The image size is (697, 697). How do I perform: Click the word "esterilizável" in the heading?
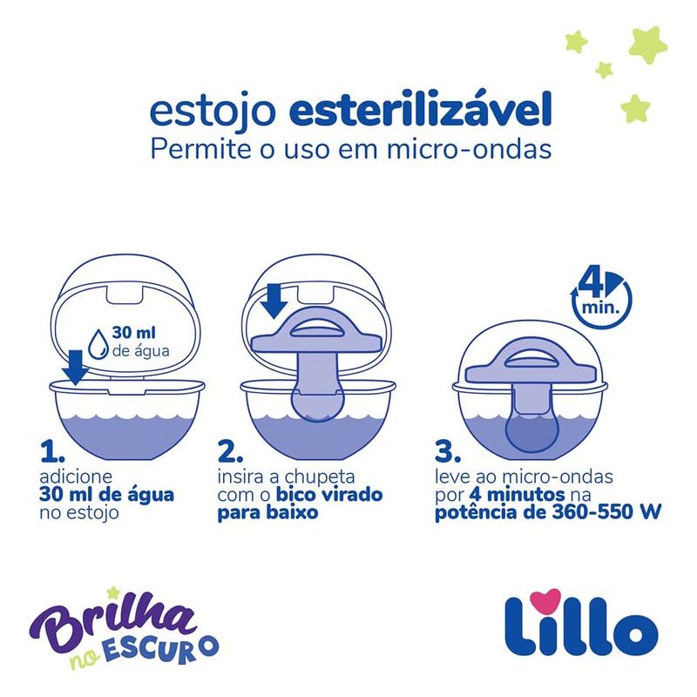420,109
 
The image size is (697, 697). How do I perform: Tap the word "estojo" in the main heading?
213,113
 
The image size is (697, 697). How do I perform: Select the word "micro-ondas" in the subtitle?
469,149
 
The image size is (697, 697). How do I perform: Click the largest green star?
647,45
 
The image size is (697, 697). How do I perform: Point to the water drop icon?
98,343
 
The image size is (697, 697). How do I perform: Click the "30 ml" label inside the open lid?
134,332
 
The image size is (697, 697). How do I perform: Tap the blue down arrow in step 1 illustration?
75,367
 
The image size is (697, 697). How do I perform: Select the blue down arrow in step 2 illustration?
274,301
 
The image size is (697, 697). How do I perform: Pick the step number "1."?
52,451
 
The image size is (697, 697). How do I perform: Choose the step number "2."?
230,451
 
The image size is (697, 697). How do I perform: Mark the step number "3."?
448,451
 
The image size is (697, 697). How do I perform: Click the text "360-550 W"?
606,512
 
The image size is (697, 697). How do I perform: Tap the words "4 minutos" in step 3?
517,494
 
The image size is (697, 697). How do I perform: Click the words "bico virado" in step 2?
329,494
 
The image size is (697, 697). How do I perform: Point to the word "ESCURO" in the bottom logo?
162,650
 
